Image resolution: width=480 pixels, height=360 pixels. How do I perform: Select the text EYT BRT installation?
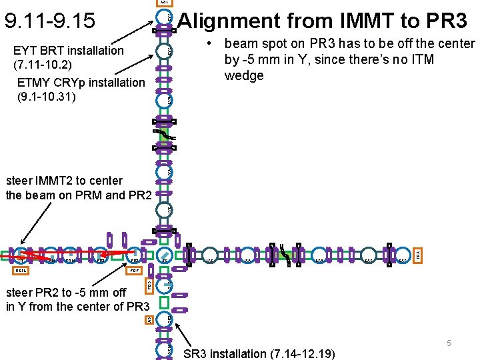69,51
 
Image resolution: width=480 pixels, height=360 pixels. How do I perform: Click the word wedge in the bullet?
244,75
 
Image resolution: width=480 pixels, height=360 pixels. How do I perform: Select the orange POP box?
133,271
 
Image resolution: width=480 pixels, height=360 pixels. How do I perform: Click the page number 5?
449,343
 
